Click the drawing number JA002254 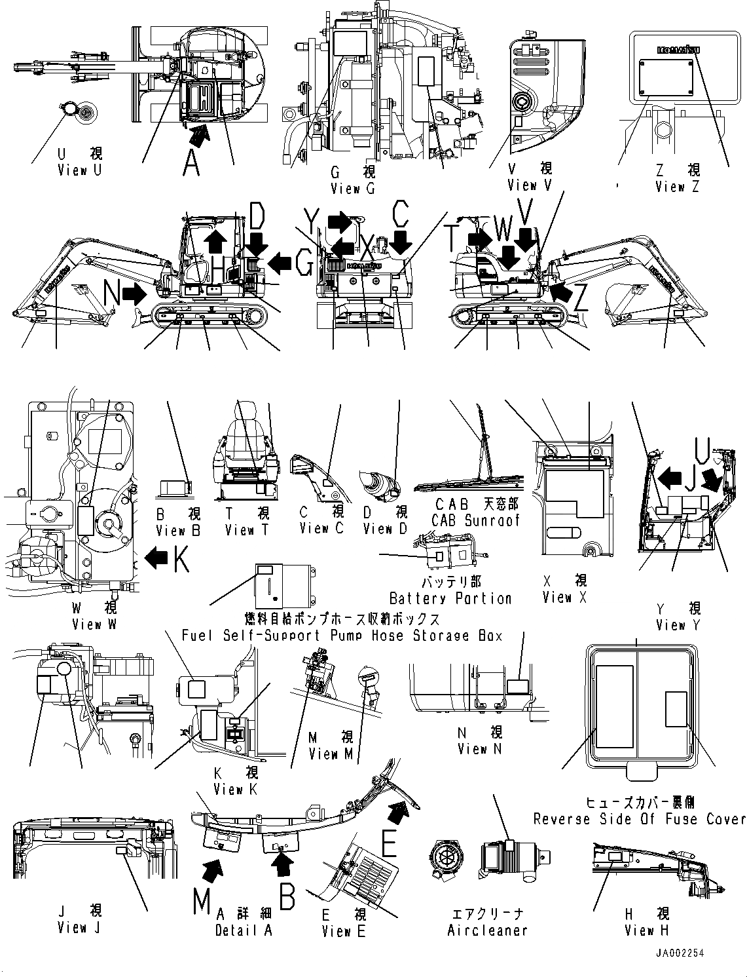pyautogui.click(x=678, y=953)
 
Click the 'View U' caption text pyautogui.click(x=80, y=170)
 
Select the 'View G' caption pyautogui.click(x=353, y=189)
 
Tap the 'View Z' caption pyautogui.click(x=677, y=187)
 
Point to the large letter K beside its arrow pyautogui.click(x=181, y=558)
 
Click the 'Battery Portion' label pyautogui.click(x=450, y=598)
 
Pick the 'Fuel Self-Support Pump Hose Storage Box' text pyautogui.click(x=342, y=635)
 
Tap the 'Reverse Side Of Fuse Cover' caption pyautogui.click(x=639, y=818)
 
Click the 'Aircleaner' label pyautogui.click(x=487, y=930)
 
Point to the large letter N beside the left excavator pyautogui.click(x=112, y=295)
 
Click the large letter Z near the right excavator pyautogui.click(x=580, y=299)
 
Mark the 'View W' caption pyautogui.click(x=94, y=624)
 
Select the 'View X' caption pyautogui.click(x=564, y=597)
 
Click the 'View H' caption pyautogui.click(x=647, y=930)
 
